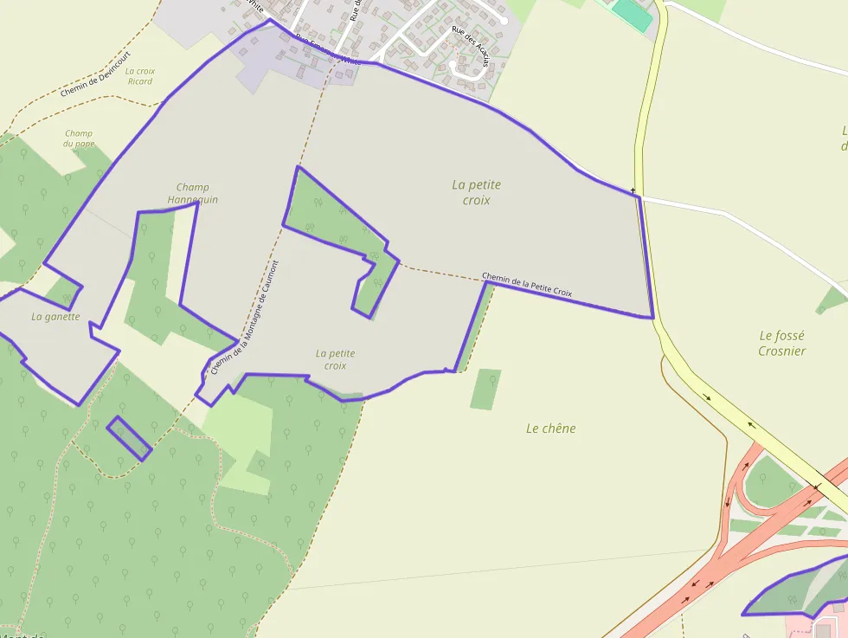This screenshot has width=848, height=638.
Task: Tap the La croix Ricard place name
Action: (139, 76)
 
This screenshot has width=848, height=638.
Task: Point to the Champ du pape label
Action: (79, 139)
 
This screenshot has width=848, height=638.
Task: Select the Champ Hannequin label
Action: (192, 193)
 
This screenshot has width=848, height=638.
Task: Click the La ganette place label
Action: (55, 317)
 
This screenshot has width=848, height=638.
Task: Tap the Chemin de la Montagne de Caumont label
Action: (245, 317)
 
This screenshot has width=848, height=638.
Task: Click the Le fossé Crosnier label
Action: (781, 343)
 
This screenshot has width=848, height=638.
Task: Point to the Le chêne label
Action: (550, 429)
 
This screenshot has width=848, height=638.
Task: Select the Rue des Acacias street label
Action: (470, 46)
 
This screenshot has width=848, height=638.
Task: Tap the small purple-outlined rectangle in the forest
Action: (129, 437)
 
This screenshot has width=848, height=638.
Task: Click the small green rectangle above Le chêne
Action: (485, 389)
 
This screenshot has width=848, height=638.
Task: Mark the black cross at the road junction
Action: (633, 190)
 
